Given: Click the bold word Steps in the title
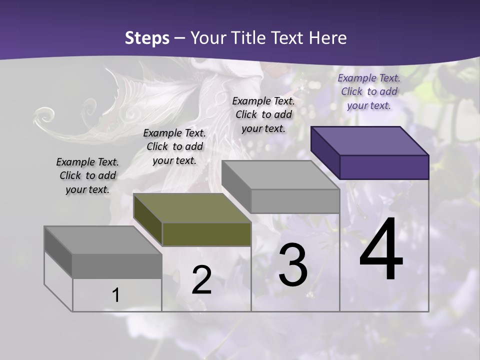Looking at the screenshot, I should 147,38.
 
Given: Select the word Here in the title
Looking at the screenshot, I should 327,38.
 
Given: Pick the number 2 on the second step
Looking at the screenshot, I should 202,280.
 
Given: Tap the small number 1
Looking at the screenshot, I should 116,295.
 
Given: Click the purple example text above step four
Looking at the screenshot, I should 369,91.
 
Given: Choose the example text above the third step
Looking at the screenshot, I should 263,114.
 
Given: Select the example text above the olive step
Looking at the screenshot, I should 174,146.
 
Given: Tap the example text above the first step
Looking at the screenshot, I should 87,175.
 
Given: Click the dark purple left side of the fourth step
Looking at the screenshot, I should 325,152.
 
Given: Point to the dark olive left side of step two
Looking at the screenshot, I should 148,220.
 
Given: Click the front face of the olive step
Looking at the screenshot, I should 206,234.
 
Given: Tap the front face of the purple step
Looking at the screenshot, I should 384,167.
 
